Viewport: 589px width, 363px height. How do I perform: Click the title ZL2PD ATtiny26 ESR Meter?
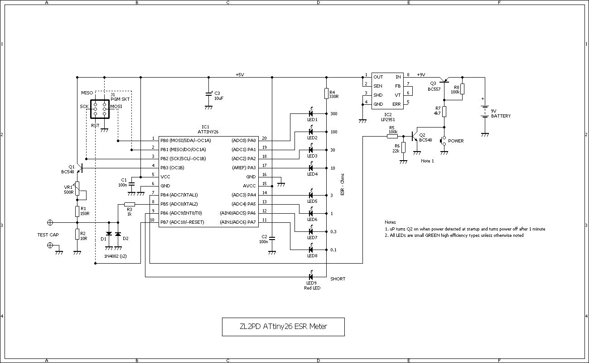click(283, 326)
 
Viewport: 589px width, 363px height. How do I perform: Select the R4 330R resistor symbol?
click(326, 94)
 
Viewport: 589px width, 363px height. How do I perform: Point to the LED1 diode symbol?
click(311, 113)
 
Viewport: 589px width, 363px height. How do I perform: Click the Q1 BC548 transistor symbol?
click(80, 168)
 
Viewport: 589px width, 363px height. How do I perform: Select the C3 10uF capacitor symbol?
click(208, 93)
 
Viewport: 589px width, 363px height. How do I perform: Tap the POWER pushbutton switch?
click(444, 141)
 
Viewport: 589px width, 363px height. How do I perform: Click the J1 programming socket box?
click(100, 109)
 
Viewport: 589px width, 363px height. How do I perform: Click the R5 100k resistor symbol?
click(392, 136)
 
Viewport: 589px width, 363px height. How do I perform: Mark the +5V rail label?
click(240, 74)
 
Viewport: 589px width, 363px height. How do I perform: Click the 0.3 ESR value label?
click(333, 231)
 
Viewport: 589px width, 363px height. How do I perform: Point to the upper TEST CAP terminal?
click(50, 222)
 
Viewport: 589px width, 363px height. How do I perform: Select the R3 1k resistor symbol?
click(130, 204)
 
